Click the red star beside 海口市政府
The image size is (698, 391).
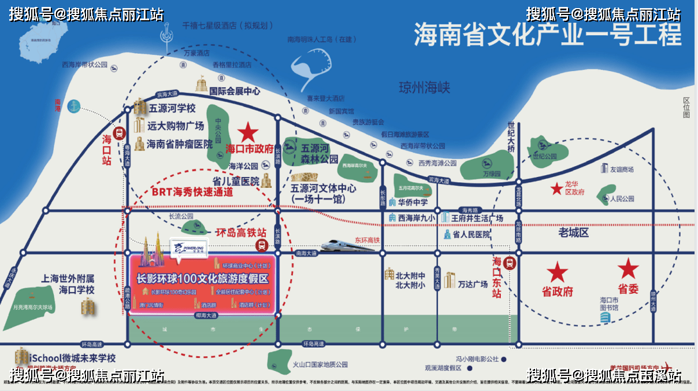pos(248,132)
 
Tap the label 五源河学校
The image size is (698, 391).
pos(172,108)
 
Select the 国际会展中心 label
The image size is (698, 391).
pos(235,91)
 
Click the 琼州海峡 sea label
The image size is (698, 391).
pos(424,88)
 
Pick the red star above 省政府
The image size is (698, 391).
pos(557,272)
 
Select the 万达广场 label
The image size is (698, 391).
pos(473,284)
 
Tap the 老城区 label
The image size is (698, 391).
pos(573,233)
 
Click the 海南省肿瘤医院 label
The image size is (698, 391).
pos(180,143)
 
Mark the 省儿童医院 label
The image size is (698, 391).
pos(236,181)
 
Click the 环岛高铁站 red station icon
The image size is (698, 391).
pos(262,246)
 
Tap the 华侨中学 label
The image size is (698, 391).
pos(413,202)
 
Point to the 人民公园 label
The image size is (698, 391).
pos(622,198)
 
